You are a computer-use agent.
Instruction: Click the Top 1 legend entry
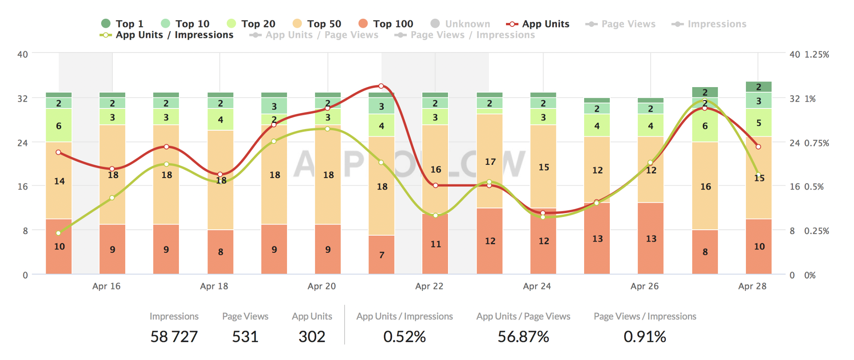pos(123,24)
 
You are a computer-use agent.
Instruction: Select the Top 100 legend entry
pos(386,24)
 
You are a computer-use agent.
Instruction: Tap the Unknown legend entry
pos(460,24)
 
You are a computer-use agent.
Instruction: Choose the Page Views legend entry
pos(621,24)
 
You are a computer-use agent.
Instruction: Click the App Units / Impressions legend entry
pos(167,35)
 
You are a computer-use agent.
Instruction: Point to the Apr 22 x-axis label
pos(429,286)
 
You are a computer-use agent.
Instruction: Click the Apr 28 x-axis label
pos(752,286)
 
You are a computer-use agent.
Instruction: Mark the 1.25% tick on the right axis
pos(816,55)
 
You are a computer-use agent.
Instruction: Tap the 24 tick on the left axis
pos(23,143)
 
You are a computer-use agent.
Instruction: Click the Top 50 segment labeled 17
pos(490,161)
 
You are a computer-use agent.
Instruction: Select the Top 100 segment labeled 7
pos(382,255)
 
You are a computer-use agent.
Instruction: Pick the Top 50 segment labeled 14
pos(59,181)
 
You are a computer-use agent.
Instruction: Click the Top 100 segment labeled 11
pos(435,244)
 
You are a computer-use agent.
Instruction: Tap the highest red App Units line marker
pos(381,86)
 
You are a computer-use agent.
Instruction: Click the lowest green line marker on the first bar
pos(58,233)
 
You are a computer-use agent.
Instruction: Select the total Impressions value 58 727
pos(174,337)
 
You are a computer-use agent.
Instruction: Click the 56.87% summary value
pos(523,337)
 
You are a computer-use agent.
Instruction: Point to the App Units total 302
pos(312,337)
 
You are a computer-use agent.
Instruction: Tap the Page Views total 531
pos(245,337)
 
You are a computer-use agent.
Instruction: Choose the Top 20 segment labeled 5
pos(758,123)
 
